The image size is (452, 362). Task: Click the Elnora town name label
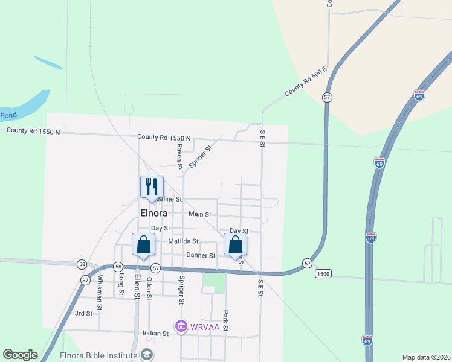click(x=153, y=213)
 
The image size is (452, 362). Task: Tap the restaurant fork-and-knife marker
click(x=152, y=186)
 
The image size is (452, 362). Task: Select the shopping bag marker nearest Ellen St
click(x=143, y=246)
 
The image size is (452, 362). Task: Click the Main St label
click(x=200, y=214)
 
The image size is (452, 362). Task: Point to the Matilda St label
click(x=183, y=241)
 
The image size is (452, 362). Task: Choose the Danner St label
click(x=201, y=255)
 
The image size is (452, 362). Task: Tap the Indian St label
click(x=155, y=333)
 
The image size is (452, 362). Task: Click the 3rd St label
click(x=83, y=313)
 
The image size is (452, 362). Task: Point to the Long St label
click(x=121, y=284)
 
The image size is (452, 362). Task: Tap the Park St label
click(x=225, y=320)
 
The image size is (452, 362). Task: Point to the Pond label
click(x=8, y=115)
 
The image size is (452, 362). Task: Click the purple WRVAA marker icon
click(x=181, y=326)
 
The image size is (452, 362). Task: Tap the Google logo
click(x=20, y=355)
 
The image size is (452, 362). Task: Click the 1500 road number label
click(x=323, y=273)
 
